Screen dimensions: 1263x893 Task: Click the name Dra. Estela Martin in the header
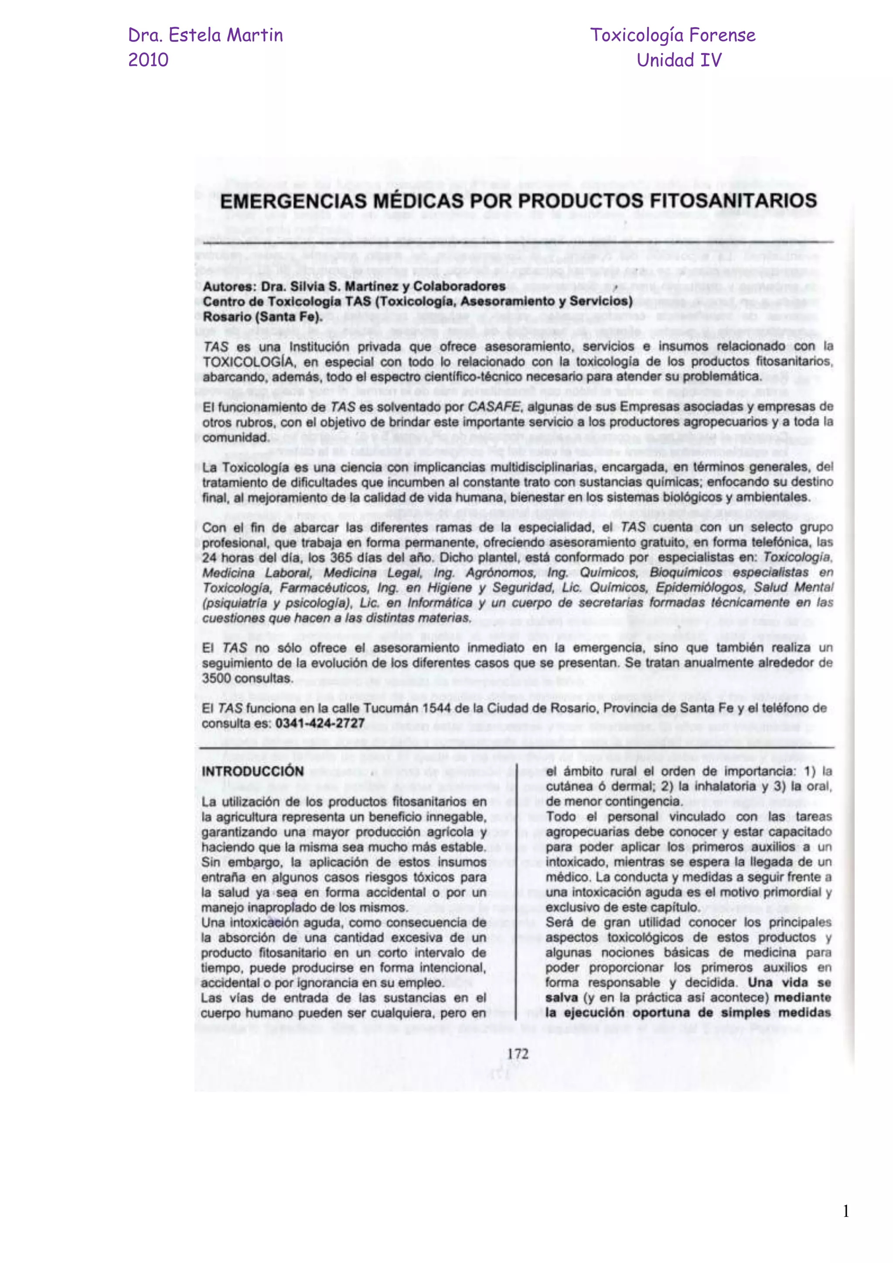205,35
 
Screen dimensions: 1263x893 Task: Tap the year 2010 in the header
148,60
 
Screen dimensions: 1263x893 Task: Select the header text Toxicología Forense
672,35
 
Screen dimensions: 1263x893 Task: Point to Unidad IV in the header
678,60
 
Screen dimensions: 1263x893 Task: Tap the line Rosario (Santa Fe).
262,317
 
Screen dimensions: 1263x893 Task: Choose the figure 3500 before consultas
217,678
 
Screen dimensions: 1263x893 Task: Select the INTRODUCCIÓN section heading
252,771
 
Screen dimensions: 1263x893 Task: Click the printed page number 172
518,1054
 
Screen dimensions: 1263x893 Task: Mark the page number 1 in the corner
846,1211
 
